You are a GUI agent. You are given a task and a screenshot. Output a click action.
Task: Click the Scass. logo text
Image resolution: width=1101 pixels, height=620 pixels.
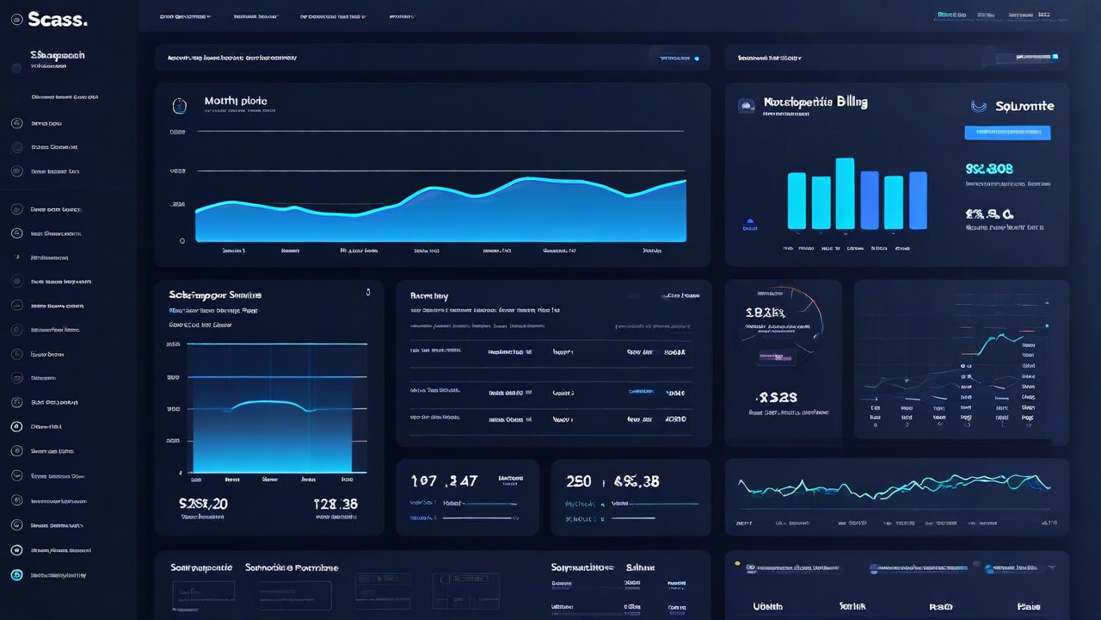57,19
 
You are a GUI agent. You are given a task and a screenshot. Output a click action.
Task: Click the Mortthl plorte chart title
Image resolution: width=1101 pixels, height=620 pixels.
236,102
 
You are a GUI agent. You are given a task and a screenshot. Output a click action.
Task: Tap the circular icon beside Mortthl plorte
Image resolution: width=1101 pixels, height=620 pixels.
179,106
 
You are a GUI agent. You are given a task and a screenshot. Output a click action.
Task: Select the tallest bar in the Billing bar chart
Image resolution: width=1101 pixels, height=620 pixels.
845,194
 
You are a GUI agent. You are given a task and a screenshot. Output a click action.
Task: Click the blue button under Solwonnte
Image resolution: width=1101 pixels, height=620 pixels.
1007,133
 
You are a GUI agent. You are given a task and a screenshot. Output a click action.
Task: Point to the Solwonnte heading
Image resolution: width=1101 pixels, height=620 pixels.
1024,107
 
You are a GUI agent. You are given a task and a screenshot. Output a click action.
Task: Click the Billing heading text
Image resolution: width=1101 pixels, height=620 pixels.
815,102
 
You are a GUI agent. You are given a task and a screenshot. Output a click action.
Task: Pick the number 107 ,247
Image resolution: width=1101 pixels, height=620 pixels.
444,481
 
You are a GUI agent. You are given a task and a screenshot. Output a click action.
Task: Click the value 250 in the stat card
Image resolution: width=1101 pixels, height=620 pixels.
579,481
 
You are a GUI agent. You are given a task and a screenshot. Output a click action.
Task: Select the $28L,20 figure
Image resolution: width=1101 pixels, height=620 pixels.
203,504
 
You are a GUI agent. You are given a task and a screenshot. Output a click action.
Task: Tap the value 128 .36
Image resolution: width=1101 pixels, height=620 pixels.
335,504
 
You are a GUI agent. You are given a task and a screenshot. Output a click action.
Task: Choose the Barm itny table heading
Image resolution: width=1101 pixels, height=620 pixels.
428,295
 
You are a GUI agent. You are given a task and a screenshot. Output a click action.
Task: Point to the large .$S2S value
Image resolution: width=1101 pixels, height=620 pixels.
777,397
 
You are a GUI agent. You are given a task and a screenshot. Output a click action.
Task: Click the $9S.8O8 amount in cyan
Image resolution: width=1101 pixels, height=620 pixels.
989,169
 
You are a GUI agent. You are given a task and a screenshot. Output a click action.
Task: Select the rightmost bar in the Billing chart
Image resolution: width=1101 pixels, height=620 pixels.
918,201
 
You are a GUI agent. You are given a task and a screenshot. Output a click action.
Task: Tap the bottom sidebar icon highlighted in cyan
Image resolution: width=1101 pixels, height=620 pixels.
16,575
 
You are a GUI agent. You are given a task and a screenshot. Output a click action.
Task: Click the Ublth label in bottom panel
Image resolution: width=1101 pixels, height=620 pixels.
768,606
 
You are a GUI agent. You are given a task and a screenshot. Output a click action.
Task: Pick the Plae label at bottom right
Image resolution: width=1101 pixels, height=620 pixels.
1029,606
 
